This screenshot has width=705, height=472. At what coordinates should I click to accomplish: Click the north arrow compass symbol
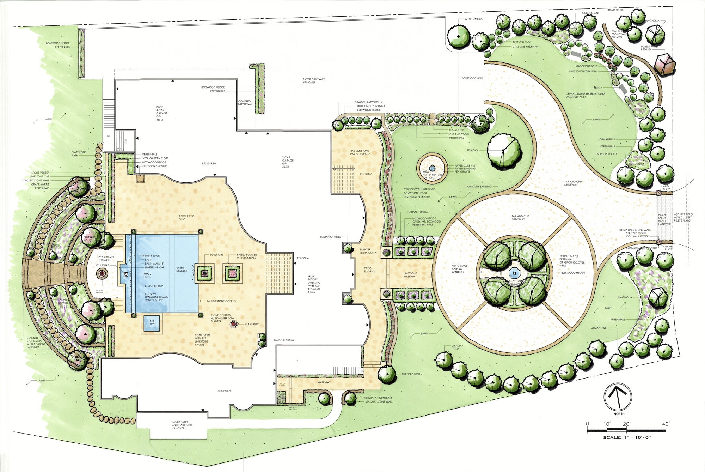(x=618, y=396)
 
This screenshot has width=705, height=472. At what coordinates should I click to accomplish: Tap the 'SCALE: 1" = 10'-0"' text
(x=627, y=437)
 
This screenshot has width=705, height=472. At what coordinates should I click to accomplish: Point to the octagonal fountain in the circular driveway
(x=514, y=273)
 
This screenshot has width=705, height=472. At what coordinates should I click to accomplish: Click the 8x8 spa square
(x=152, y=323)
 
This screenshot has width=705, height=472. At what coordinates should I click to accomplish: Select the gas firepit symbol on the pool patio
(x=234, y=324)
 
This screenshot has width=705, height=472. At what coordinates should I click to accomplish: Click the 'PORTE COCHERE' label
(x=472, y=78)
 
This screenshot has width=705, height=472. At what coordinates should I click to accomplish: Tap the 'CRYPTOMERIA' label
(x=473, y=19)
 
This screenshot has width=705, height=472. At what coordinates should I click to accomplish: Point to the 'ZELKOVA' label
(x=473, y=150)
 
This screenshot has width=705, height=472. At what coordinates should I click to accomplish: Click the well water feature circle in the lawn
(x=432, y=169)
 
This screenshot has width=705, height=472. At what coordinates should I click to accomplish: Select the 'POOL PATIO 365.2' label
(x=186, y=218)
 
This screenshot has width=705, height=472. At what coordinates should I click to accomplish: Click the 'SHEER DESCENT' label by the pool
(x=182, y=269)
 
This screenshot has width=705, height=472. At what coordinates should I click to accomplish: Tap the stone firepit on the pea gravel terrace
(x=102, y=273)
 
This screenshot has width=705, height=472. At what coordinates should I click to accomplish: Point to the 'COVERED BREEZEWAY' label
(x=245, y=103)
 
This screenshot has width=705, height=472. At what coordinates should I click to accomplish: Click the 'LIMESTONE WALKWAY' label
(x=410, y=275)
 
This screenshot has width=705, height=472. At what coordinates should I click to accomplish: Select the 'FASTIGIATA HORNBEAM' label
(x=377, y=398)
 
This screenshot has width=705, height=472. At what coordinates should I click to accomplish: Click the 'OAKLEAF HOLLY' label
(x=457, y=347)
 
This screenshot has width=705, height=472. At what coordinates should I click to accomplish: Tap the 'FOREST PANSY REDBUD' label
(x=649, y=48)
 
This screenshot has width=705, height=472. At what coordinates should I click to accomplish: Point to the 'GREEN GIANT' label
(x=590, y=13)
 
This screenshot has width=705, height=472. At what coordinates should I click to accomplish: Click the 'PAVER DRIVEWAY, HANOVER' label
(x=314, y=81)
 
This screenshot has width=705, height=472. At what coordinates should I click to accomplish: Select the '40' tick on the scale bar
(x=666, y=424)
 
